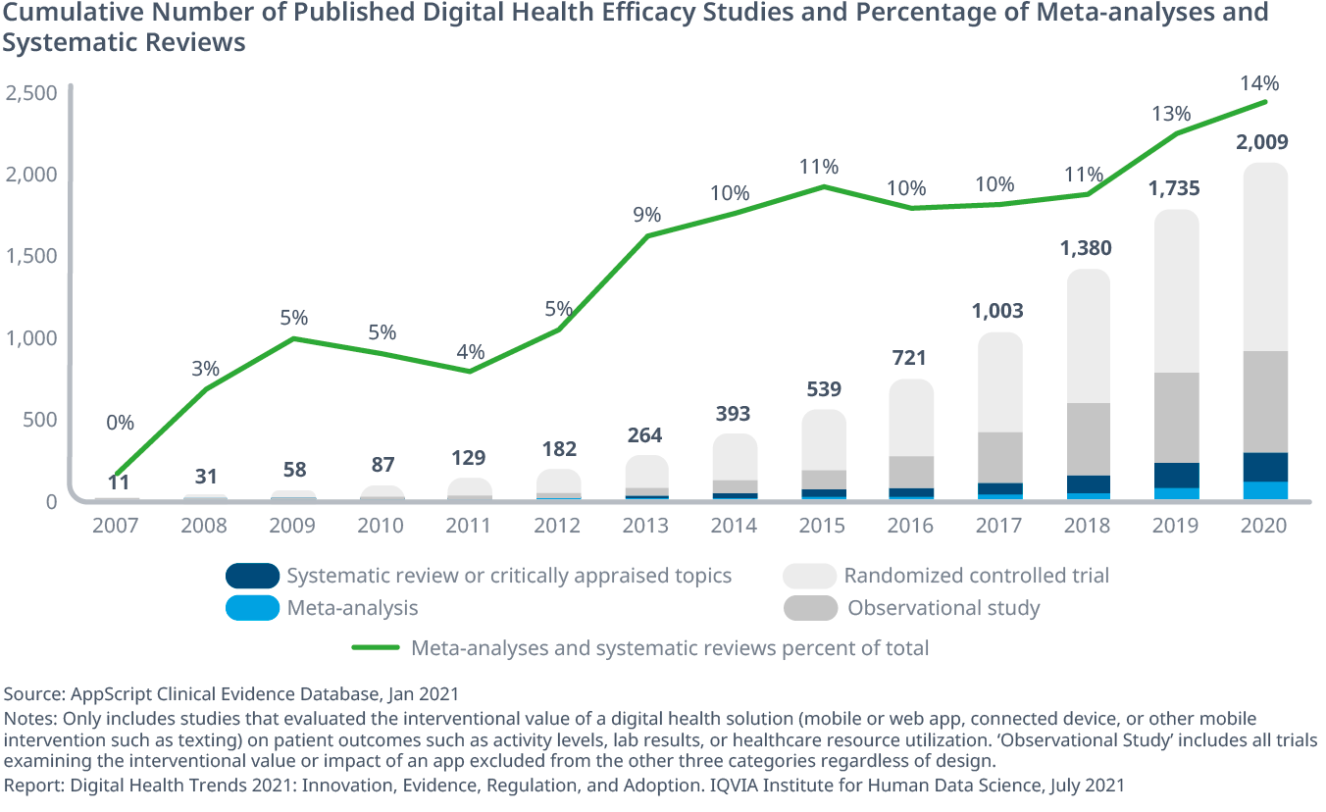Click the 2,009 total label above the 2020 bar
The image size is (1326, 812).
point(1261,142)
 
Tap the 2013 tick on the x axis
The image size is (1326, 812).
point(644,526)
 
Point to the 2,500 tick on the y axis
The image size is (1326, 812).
point(31,94)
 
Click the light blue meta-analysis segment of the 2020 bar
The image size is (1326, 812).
point(1264,490)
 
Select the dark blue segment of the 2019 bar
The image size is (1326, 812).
point(1175,475)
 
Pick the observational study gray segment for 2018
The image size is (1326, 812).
point(1087,438)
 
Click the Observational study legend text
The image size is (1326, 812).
point(943,608)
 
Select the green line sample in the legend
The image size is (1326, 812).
point(376,648)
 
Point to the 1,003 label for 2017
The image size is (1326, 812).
point(997,311)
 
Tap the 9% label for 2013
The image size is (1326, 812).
point(646,215)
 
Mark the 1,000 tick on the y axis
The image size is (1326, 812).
point(31,338)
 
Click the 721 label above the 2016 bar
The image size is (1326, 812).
point(909,358)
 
